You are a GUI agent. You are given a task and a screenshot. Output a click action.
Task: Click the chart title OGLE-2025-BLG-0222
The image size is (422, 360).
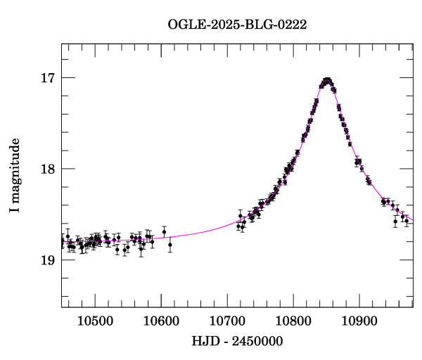click(x=237, y=25)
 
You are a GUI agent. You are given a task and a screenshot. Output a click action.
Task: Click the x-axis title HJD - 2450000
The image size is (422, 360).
click(x=238, y=342)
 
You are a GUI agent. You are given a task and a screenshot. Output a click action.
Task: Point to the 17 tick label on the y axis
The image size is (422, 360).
click(x=46, y=78)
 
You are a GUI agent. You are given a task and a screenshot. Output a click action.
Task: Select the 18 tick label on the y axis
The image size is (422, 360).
click(x=46, y=169)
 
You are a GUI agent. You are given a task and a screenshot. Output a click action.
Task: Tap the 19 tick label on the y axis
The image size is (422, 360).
click(x=46, y=260)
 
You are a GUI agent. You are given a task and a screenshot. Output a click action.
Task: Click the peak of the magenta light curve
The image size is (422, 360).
click(x=327, y=80)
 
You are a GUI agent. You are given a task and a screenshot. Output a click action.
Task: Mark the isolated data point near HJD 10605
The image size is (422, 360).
click(x=164, y=232)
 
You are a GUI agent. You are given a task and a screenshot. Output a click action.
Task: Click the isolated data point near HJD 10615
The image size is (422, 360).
click(x=170, y=245)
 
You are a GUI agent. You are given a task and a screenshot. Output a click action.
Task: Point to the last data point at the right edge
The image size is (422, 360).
click(x=407, y=221)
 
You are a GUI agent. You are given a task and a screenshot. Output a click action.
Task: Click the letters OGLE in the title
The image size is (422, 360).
click(x=184, y=25)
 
